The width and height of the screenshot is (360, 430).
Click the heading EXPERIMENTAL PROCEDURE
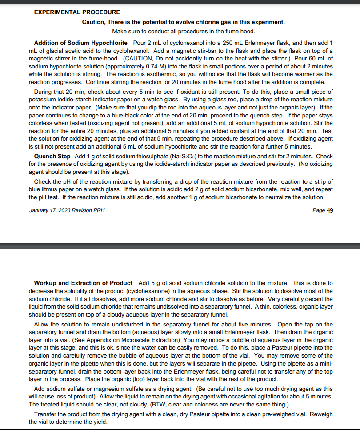(x=77, y=12)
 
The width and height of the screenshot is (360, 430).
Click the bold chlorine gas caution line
(x=184, y=22)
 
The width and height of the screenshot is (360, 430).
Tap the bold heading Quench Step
(x=52, y=157)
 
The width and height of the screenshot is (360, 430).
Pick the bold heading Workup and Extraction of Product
(x=83, y=283)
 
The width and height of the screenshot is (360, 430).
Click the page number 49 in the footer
(x=329, y=210)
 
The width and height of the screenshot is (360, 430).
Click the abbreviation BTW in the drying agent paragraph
(x=160, y=404)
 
